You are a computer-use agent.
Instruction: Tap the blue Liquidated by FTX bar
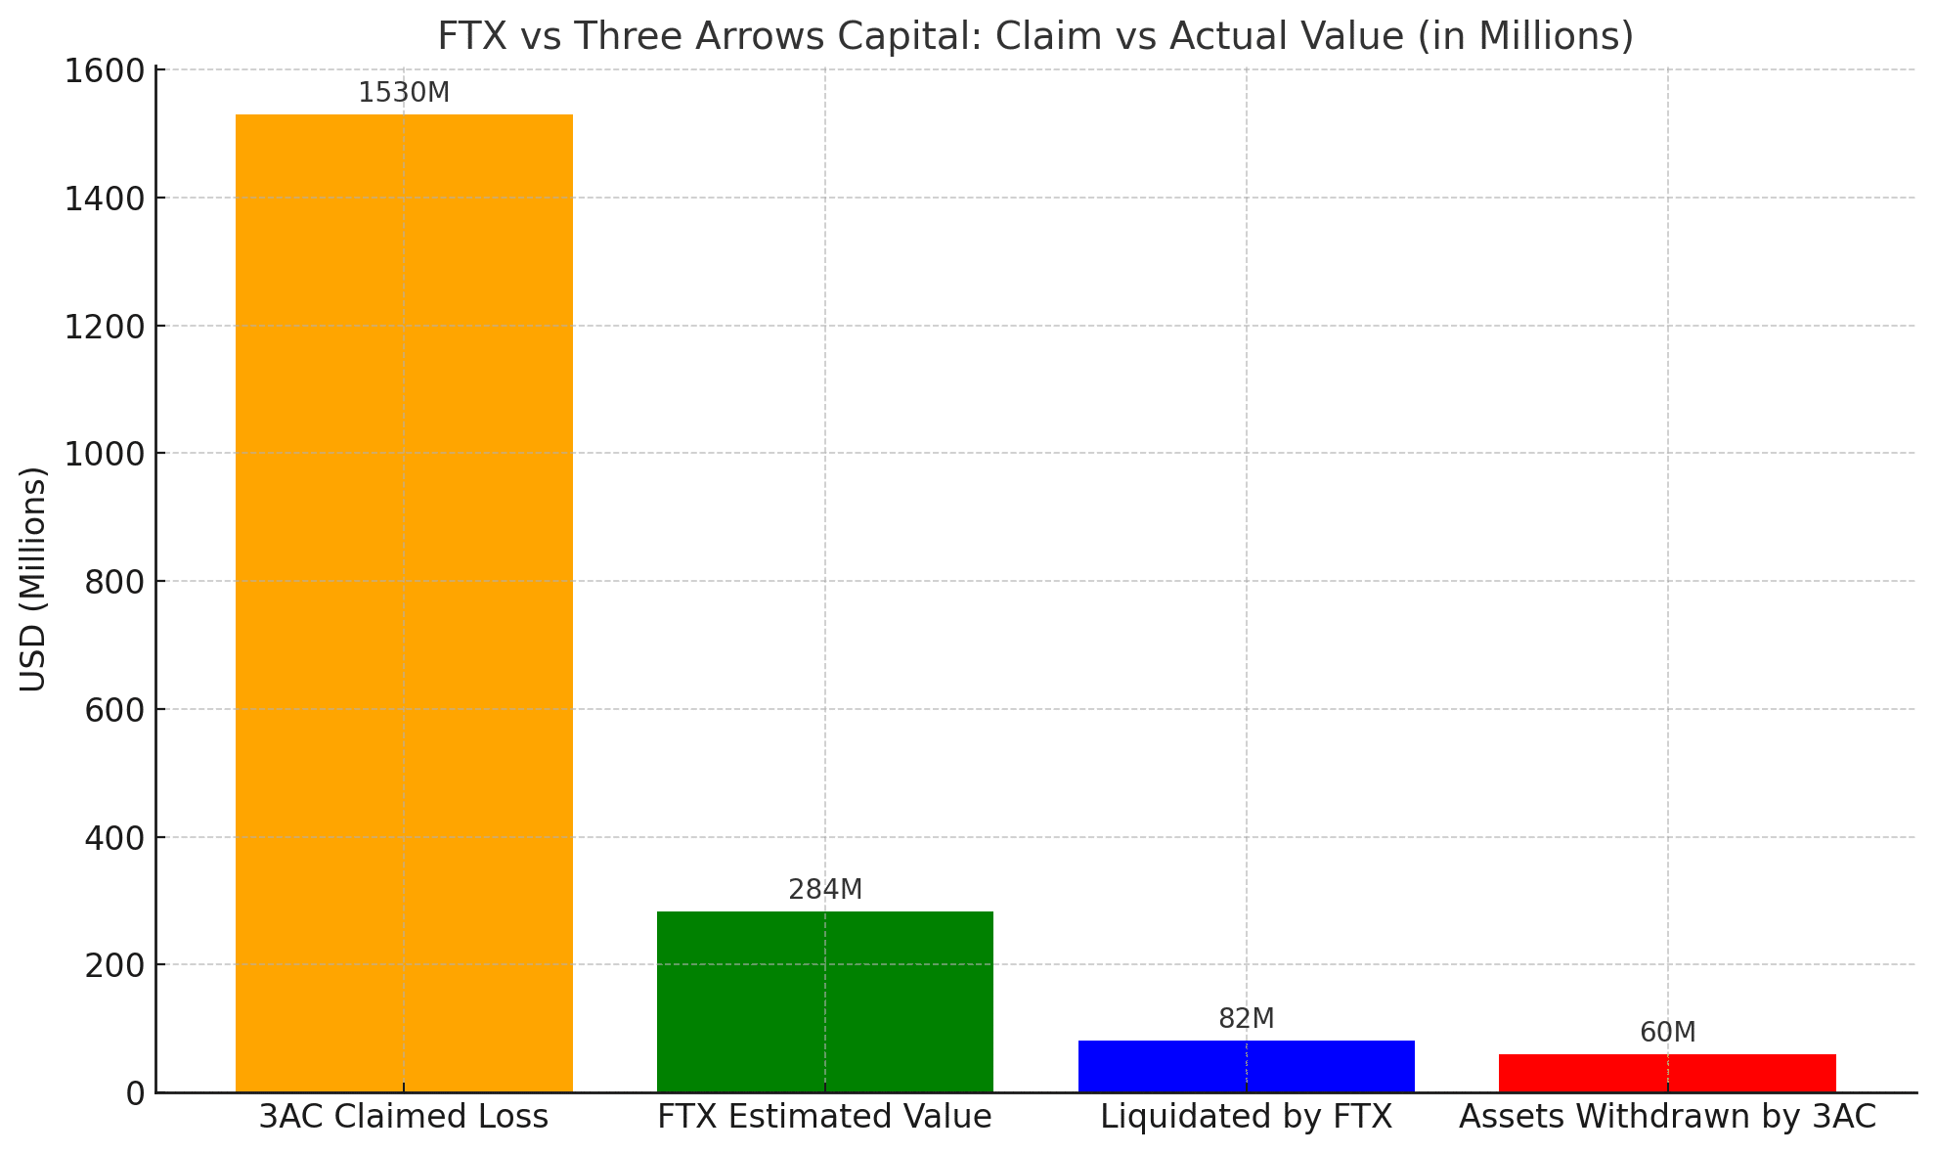coord(1246,1066)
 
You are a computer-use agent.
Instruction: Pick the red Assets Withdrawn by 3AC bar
coord(1667,1073)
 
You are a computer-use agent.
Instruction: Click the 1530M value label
coord(404,93)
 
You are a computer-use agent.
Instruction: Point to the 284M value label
coord(825,890)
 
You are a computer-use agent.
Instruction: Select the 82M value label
coord(1246,1019)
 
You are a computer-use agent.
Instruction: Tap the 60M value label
coord(1667,1033)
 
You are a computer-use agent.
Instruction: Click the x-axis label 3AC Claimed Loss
coord(404,1117)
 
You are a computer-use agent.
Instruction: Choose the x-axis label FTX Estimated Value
coord(824,1117)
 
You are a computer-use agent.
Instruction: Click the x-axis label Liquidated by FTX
coord(1246,1117)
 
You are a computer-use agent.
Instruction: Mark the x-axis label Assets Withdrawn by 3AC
coord(1667,1117)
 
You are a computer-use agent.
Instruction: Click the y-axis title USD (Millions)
coord(33,579)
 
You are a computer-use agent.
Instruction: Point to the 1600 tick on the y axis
coord(103,71)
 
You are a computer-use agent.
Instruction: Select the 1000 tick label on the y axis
coord(103,454)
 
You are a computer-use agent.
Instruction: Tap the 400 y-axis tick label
coord(113,838)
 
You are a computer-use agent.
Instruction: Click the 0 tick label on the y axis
coord(134,1093)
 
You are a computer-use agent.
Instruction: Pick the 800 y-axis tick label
coord(113,583)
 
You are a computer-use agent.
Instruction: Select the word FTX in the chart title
coord(470,37)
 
